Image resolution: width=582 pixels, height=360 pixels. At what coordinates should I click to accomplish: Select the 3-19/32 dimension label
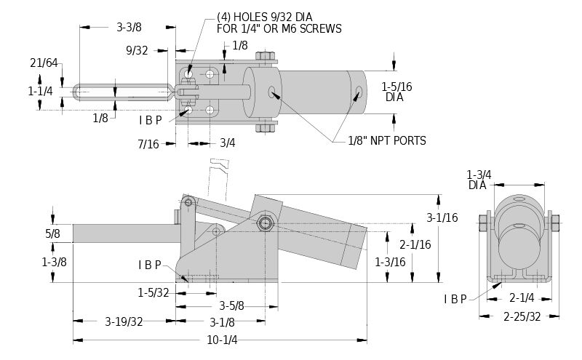(124, 321)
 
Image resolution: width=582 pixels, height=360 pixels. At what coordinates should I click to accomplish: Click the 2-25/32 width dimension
(521, 316)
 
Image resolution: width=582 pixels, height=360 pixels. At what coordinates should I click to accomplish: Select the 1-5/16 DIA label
(397, 91)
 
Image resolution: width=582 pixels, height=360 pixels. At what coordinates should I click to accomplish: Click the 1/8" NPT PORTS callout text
(388, 140)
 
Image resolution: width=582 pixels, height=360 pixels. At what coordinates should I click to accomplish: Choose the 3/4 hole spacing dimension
(227, 143)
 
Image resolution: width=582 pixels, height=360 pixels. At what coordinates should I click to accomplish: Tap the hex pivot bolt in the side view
(266, 223)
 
